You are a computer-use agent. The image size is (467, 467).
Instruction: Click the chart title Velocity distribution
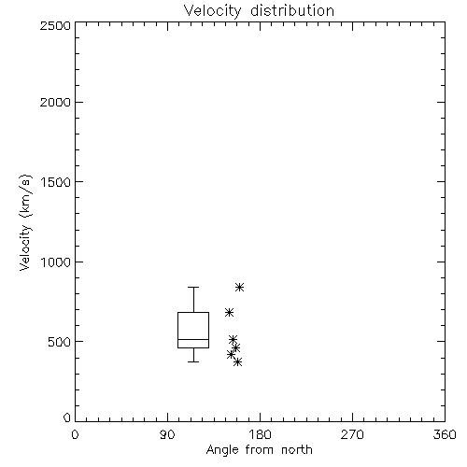coord(259,10)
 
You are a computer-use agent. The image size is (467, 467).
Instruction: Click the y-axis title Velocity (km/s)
coord(25,222)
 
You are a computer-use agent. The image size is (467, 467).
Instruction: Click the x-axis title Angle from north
coord(259,449)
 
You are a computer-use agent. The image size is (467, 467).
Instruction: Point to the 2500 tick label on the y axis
coord(55,25)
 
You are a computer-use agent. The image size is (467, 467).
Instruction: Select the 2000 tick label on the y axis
coord(55,102)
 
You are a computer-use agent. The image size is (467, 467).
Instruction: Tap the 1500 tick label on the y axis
coord(56,182)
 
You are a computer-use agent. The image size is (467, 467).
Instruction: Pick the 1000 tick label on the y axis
coord(56,262)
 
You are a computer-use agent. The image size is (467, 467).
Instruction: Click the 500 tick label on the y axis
coord(60,342)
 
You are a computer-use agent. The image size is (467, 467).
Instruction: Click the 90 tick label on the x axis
coord(167,434)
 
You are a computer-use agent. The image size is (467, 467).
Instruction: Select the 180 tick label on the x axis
coord(260,434)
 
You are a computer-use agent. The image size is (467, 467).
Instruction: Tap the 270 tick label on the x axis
coord(352,434)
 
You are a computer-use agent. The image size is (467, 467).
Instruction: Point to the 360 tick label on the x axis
coord(445,434)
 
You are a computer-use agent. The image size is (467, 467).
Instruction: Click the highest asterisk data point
coord(239,287)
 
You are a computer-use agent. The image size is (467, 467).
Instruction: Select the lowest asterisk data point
coord(238,361)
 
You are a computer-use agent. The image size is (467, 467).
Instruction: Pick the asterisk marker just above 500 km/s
coord(233,339)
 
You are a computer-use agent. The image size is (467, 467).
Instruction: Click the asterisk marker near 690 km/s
coord(229,312)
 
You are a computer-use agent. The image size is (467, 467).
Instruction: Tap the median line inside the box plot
coord(193,339)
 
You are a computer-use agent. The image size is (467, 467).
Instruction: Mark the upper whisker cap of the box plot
coord(193,287)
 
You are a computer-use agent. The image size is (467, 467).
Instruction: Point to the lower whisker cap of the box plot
coord(193,361)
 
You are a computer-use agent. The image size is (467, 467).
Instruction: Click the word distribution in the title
coord(292,10)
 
